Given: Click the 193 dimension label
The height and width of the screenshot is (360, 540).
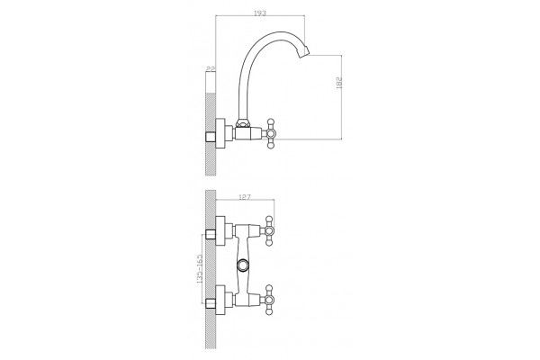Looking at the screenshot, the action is [260, 13].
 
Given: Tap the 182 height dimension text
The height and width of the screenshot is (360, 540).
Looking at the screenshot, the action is [339, 83].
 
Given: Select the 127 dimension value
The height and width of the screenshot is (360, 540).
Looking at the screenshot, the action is [245, 197].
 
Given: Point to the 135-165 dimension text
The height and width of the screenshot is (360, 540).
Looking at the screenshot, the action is [200, 269].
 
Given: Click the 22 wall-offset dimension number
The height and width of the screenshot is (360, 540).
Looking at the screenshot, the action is [211, 69].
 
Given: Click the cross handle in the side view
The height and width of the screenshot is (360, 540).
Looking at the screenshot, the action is [270, 133].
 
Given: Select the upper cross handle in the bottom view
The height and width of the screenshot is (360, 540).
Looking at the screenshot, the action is [269, 230].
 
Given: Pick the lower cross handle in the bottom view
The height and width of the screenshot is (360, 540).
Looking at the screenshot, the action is [269, 300].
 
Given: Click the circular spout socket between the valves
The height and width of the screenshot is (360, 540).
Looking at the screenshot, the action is [243, 265].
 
